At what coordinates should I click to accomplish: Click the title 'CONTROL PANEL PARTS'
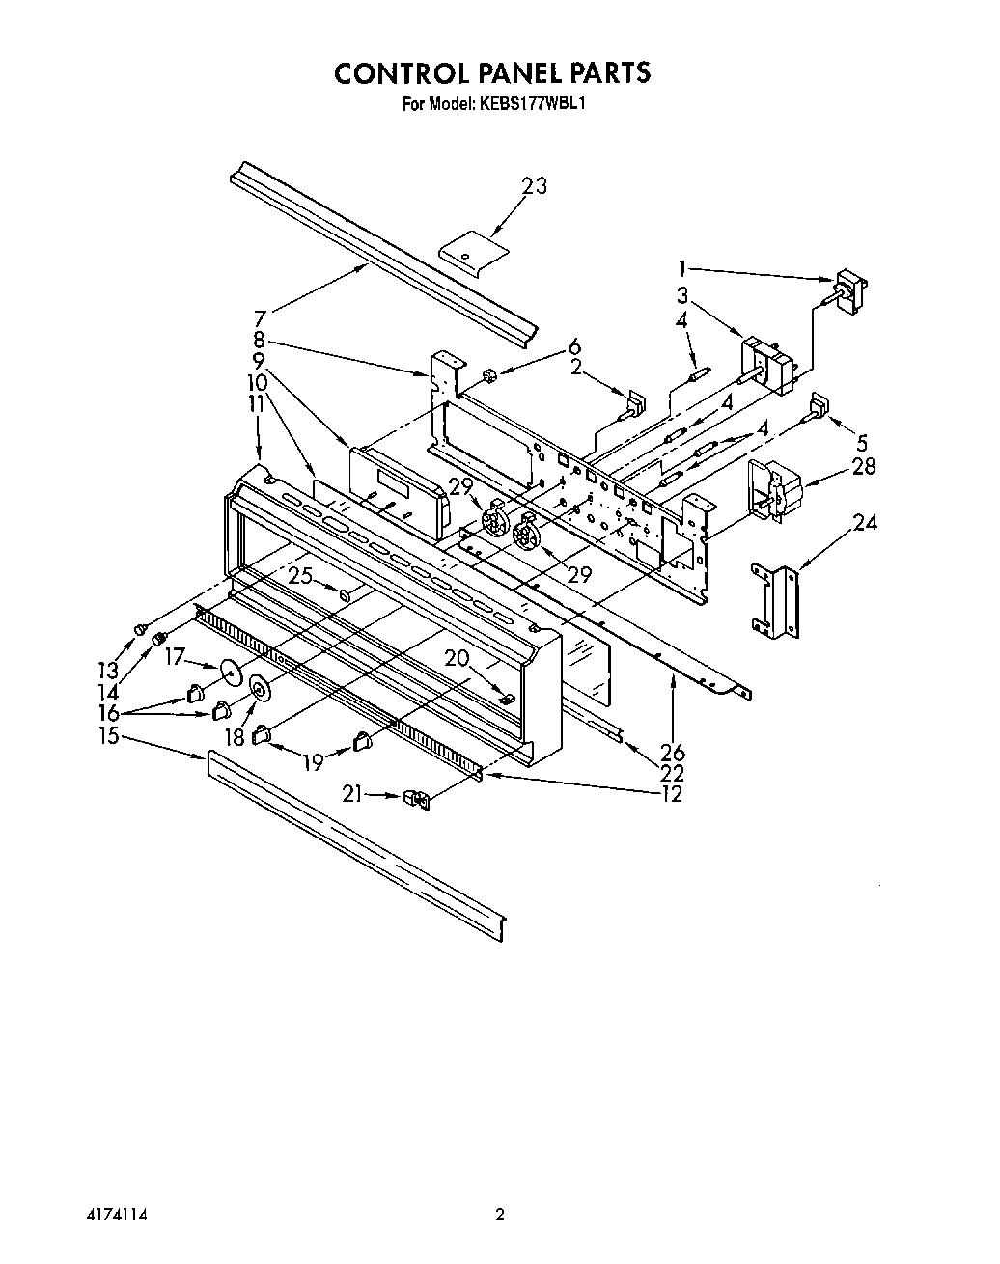492,73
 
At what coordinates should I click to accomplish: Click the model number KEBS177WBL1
530,102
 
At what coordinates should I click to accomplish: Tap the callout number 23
534,186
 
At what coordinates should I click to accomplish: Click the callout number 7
258,317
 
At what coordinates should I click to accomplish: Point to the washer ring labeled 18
259,690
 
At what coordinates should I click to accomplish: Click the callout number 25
300,577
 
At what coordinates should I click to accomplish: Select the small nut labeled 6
488,374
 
